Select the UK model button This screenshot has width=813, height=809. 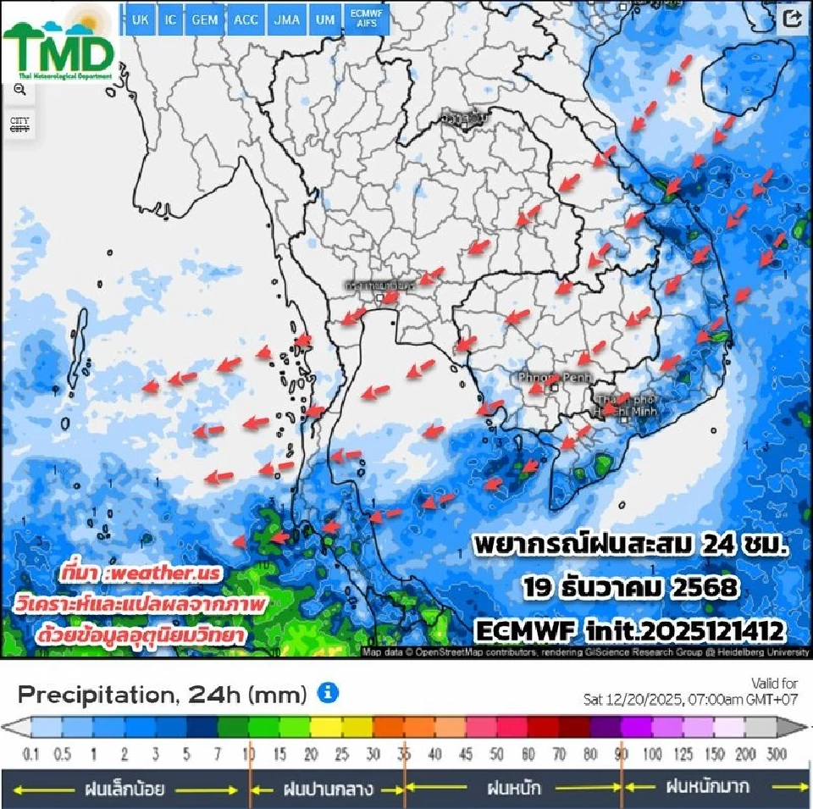[141, 19]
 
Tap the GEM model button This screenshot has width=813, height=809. [204, 19]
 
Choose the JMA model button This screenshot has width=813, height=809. [286, 19]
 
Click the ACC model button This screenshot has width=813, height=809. [246, 19]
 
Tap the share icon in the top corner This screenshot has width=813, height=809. [793, 19]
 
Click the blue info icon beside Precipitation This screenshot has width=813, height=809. [328, 694]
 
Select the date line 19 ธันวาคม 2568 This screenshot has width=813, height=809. [631, 586]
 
